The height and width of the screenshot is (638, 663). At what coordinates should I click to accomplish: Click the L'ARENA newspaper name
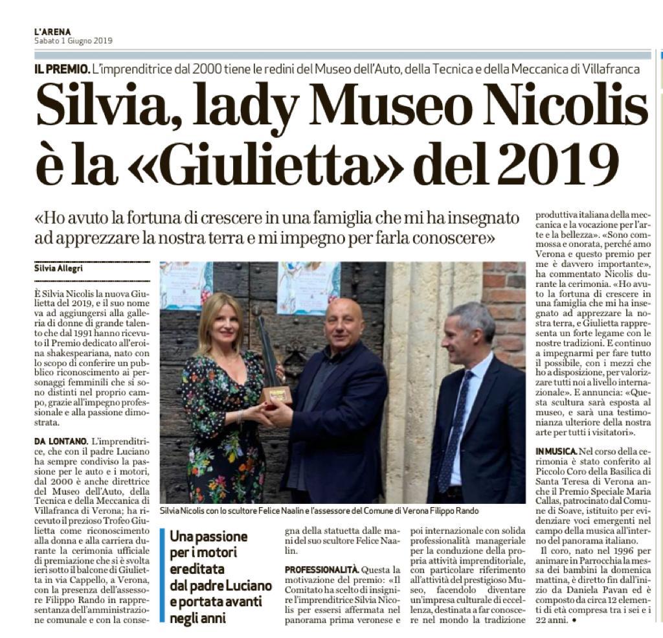tap(52, 31)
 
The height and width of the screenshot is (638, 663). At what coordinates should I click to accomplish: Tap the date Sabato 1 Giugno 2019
tap(73, 41)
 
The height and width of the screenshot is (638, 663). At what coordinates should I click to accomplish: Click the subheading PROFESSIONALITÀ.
tap(321, 569)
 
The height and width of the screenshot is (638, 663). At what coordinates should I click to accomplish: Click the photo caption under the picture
tap(324, 510)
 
